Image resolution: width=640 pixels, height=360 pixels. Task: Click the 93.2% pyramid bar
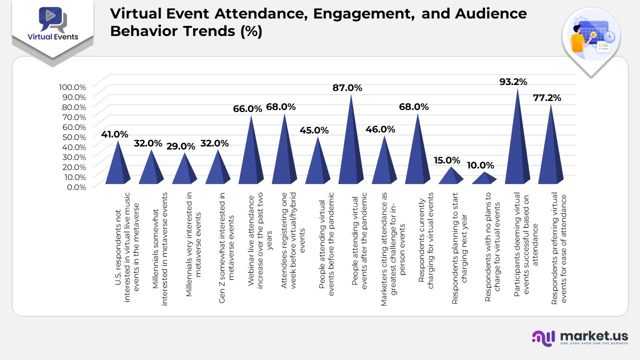[517, 145]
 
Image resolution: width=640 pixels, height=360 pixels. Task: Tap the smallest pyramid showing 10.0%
[484, 178]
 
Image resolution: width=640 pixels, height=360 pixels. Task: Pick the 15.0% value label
[447, 160]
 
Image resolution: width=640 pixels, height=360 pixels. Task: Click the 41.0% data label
[114, 134]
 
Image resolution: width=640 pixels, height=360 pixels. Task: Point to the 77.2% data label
[547, 98]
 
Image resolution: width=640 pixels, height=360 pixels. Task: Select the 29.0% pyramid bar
[184, 170]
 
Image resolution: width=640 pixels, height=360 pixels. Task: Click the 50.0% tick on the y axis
[73, 136]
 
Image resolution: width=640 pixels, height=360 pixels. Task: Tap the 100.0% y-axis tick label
[73, 86]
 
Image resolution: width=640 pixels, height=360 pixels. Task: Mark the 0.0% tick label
[76, 186]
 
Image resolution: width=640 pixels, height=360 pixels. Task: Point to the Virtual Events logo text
[52, 36]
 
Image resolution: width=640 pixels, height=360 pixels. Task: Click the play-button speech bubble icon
[51, 17]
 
